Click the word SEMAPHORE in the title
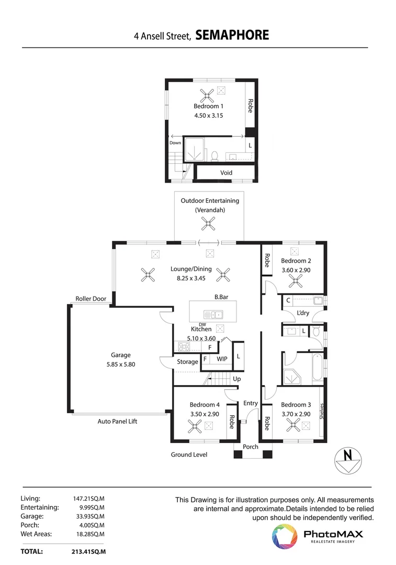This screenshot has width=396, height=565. point(232,35)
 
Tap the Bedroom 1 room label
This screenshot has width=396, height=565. point(208,106)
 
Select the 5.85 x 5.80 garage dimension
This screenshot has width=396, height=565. point(121,364)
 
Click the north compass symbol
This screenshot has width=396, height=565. point(348,460)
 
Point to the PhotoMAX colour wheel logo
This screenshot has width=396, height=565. point(285,537)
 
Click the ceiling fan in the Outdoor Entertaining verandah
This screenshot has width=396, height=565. point(208,223)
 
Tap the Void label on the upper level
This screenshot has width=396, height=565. point(227,173)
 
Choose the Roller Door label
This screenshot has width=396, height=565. point(91,299)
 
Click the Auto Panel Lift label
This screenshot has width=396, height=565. point(118,421)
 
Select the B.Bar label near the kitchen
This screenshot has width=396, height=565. point(221,297)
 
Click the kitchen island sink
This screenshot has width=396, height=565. point(213,314)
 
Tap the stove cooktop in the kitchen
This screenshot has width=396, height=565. point(184,347)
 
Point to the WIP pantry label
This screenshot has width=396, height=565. point(222,359)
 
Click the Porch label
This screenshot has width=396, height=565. point(251,447)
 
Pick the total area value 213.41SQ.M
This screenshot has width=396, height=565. point(88,552)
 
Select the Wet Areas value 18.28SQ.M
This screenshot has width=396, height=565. point(90,534)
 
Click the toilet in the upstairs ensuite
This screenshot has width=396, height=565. point(214,156)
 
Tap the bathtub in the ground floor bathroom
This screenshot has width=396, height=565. point(318,368)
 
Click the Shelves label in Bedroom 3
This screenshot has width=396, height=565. point(322,411)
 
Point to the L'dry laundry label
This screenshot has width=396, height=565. point(303,313)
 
